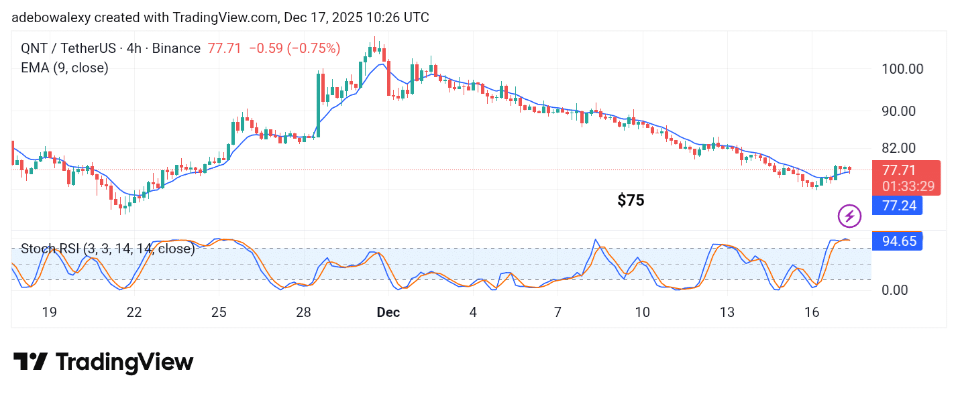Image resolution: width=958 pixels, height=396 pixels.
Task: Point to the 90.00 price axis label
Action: (x=902, y=111)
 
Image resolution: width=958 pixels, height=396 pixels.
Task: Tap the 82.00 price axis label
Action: (x=902, y=148)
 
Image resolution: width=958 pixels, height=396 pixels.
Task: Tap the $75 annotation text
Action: (x=631, y=200)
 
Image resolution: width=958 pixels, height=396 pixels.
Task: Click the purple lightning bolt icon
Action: (x=849, y=216)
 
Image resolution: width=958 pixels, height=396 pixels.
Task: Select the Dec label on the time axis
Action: (x=388, y=312)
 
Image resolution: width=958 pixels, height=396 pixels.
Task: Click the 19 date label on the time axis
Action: (x=49, y=312)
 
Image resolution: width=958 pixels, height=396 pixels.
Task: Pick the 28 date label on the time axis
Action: (x=303, y=312)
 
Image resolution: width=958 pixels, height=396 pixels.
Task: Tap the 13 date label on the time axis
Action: (x=727, y=312)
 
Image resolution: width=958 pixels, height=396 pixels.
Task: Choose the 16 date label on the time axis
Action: (x=812, y=312)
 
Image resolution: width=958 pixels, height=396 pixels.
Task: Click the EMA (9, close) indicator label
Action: (x=64, y=68)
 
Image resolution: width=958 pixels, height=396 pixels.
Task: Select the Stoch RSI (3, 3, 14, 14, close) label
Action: (x=107, y=249)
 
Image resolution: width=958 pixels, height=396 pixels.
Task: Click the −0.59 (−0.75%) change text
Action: (x=295, y=48)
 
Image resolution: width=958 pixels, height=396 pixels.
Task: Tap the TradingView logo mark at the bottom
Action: (x=31, y=362)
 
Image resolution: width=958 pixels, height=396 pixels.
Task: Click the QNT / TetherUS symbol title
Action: (x=79, y=48)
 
